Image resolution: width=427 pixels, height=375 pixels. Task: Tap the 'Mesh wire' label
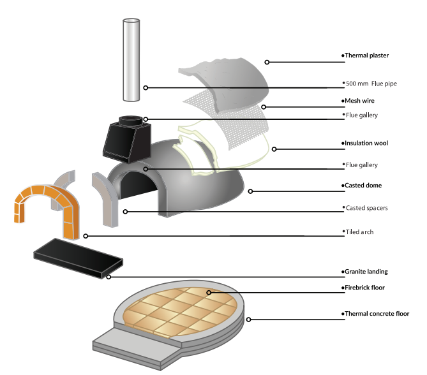(x=359, y=101)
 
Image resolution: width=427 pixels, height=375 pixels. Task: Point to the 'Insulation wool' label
(x=366, y=143)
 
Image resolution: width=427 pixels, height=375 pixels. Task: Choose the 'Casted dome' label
(x=362, y=186)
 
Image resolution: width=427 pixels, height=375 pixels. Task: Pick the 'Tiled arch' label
(x=359, y=232)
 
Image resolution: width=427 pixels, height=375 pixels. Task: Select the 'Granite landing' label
(x=366, y=272)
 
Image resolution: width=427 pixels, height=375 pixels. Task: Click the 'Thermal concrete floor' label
(x=376, y=314)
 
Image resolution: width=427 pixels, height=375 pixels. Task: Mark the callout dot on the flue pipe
(x=146, y=87)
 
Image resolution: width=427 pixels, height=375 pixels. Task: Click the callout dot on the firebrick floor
(x=209, y=292)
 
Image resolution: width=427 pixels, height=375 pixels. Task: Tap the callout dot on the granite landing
(x=109, y=277)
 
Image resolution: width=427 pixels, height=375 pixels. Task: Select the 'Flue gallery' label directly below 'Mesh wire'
(x=362, y=115)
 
